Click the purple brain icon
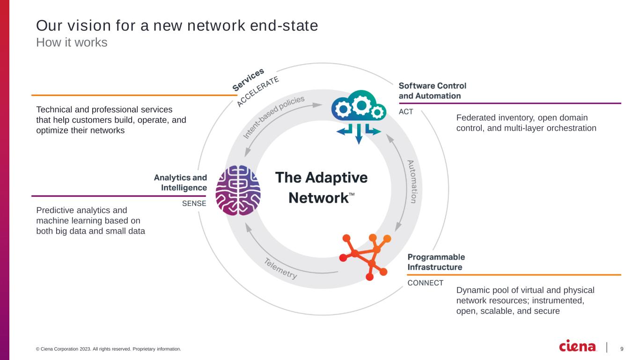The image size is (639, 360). [238, 191]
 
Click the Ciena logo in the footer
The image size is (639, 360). [578, 347]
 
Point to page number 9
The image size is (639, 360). [622, 349]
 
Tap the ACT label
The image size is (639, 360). [406, 112]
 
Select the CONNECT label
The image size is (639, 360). [426, 283]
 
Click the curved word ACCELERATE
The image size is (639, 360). [258, 91]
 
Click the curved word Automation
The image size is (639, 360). [411, 182]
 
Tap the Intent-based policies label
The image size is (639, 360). [274, 117]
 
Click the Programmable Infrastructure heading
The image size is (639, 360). [436, 262]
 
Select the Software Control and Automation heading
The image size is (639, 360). [433, 91]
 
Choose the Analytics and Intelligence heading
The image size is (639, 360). [181, 183]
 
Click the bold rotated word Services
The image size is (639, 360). [248, 79]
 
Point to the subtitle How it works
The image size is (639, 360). [72, 43]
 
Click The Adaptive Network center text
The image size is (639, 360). [321, 187]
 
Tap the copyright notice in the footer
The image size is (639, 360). [108, 349]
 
